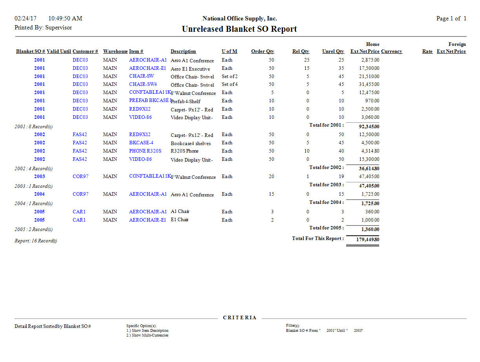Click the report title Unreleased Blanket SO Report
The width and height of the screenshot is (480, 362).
(x=239, y=29)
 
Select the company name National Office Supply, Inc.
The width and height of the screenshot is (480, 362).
(x=239, y=18)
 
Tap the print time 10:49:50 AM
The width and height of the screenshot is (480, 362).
(x=65, y=18)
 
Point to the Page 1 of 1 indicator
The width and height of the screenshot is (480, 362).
(x=451, y=18)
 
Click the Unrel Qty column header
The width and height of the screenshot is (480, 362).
(x=333, y=51)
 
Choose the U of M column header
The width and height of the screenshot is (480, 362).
(x=229, y=51)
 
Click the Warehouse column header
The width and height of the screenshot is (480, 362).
(x=115, y=51)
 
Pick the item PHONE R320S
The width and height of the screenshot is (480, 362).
(x=145, y=151)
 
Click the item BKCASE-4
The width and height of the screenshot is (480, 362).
(x=141, y=143)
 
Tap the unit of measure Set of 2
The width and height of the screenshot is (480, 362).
(x=230, y=76)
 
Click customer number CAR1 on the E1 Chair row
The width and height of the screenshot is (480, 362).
(x=79, y=220)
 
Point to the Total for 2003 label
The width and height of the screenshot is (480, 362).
(x=326, y=185)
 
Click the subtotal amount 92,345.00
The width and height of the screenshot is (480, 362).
(x=369, y=127)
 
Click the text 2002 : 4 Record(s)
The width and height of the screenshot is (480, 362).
(x=33, y=169)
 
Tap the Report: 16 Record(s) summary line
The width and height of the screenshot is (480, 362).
(x=36, y=241)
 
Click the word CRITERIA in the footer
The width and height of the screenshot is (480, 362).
(x=239, y=318)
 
